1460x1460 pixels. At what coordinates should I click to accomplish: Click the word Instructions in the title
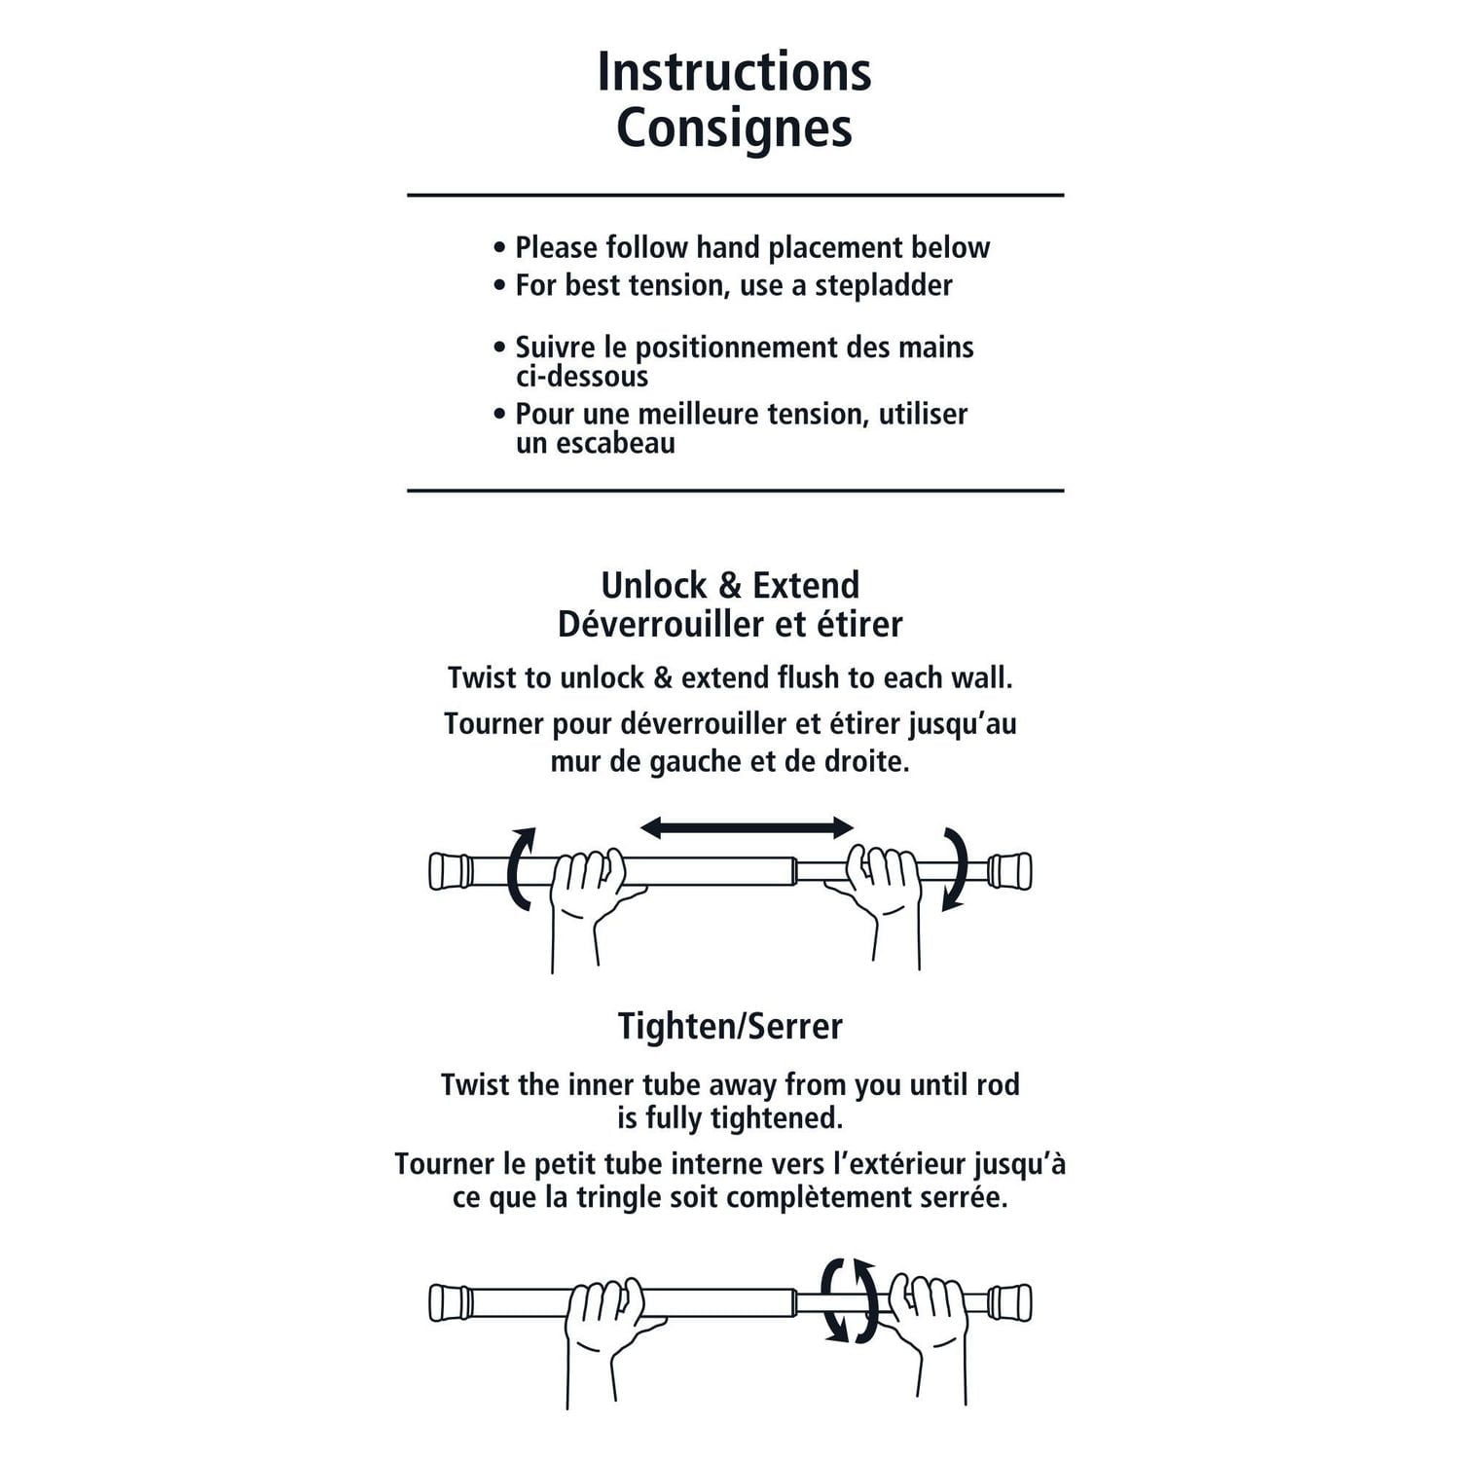point(734,72)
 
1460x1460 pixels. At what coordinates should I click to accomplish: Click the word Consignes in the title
point(734,128)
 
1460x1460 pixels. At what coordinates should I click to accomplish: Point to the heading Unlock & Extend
point(730,585)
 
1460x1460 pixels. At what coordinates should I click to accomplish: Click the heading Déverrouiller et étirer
point(730,624)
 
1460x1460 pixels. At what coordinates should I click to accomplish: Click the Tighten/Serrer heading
point(730,1026)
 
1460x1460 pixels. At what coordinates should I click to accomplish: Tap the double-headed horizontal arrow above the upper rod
point(747,828)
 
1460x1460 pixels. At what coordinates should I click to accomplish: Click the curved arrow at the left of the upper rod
point(522,868)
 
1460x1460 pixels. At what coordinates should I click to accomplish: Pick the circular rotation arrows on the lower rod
point(849,1300)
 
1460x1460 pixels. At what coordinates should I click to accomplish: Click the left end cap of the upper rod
point(450,871)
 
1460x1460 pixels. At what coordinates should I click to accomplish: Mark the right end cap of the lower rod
point(1010,1302)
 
